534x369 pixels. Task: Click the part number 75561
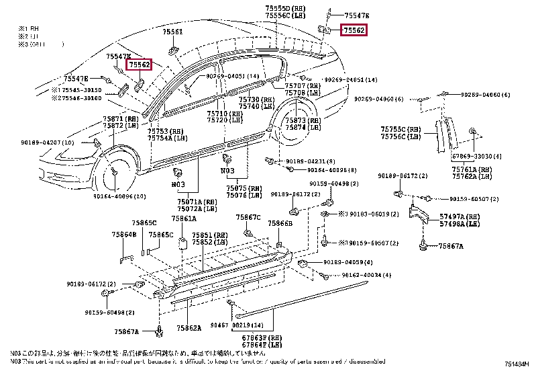tap(172, 32)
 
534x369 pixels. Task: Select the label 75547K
tap(118, 56)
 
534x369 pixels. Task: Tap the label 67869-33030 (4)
tap(476, 155)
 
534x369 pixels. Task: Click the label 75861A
tap(183, 218)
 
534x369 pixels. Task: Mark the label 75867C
tap(248, 218)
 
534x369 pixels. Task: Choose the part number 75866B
tap(280, 222)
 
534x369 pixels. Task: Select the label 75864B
tap(123, 235)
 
